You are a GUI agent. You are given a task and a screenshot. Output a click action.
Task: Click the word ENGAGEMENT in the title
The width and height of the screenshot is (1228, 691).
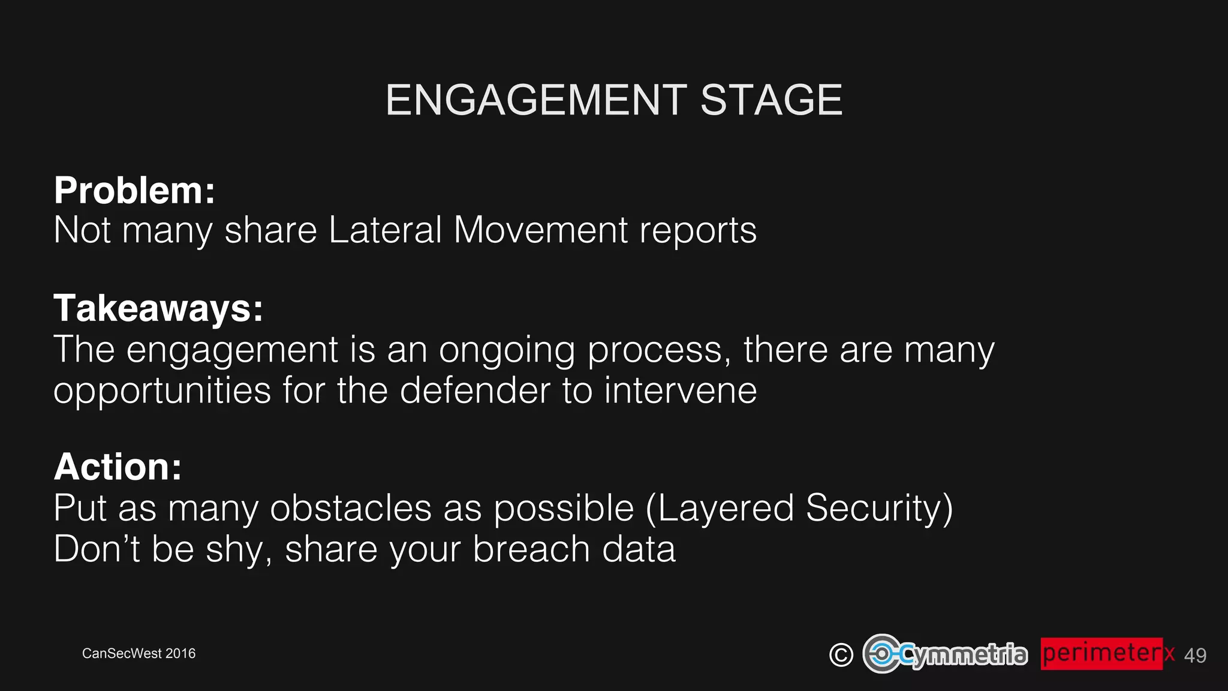coord(536,100)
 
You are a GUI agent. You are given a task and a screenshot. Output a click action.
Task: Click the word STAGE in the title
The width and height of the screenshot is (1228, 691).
coord(771,100)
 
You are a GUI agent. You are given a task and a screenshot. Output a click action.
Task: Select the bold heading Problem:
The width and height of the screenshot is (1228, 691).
coord(134,190)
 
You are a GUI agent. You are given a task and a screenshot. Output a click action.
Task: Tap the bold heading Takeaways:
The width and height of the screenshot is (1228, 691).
coord(158,308)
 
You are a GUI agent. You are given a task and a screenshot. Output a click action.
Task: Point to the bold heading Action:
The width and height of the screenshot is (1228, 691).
coord(118,467)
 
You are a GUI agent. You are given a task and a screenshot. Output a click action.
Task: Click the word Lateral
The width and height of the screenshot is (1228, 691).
coord(385,230)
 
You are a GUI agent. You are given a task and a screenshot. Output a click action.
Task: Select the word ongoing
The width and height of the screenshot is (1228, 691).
coord(507,351)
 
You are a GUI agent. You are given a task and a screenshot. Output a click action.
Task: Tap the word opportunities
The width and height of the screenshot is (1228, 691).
coord(162,392)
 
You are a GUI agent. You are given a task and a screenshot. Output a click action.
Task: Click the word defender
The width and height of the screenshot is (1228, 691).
coord(475,390)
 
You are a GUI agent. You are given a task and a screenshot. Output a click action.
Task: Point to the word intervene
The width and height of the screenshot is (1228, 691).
coord(680,390)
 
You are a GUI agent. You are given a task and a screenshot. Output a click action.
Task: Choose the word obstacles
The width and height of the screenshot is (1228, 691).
coord(351,508)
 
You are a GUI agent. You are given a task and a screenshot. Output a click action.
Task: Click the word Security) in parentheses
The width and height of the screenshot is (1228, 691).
coord(879,509)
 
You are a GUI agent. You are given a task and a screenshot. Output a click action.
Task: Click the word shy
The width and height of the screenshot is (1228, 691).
coord(234,550)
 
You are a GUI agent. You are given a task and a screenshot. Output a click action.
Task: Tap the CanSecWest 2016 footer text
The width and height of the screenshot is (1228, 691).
coord(139,653)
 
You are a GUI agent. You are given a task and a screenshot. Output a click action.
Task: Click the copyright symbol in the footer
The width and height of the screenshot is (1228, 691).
coord(841,654)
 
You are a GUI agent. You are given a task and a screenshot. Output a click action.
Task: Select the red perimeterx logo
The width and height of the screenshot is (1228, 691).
coord(1107,653)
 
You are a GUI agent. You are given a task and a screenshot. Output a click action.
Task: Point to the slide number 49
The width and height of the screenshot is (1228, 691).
coord(1195,655)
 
